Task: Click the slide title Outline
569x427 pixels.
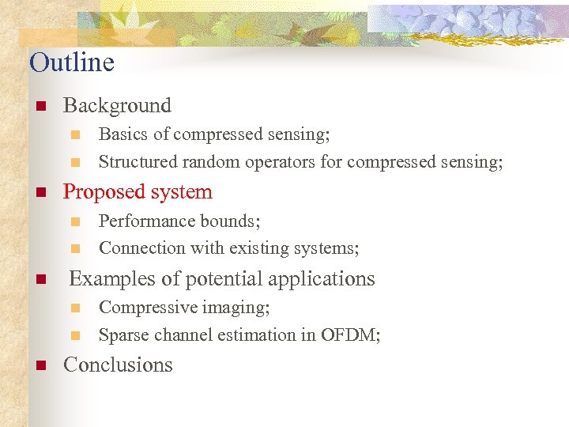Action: click(x=72, y=62)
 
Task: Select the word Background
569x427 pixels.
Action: click(x=117, y=105)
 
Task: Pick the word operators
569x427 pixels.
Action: click(x=282, y=162)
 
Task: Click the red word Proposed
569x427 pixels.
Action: click(x=101, y=192)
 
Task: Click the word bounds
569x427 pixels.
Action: click(x=232, y=221)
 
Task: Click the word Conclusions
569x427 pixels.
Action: click(x=118, y=365)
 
